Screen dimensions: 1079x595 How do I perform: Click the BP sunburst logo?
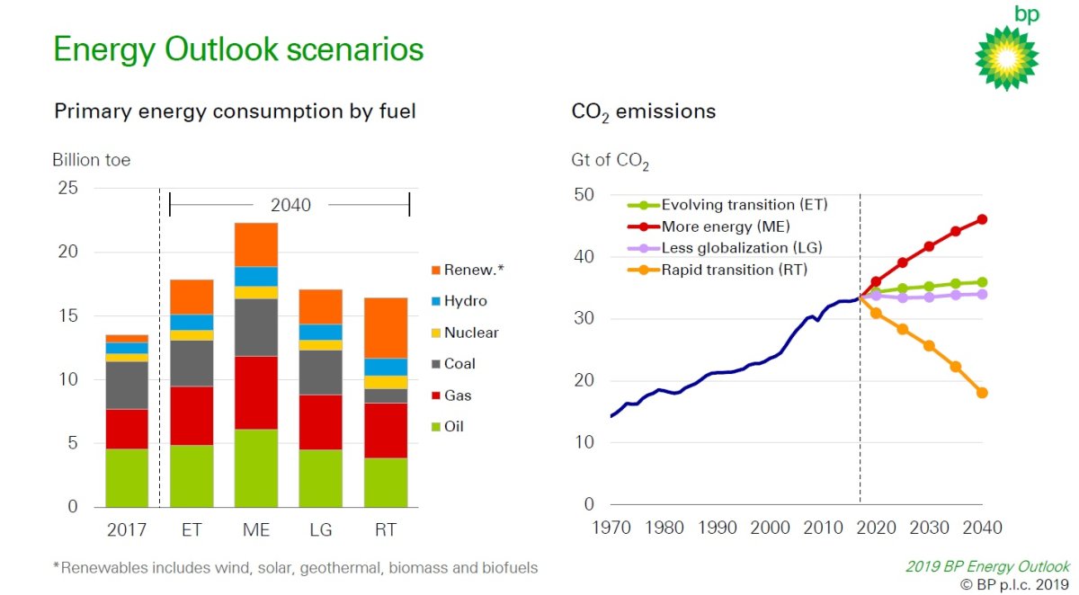click(x=1006, y=58)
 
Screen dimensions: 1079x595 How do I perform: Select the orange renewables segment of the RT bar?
click(x=386, y=328)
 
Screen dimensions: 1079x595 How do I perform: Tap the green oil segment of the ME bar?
click(x=256, y=468)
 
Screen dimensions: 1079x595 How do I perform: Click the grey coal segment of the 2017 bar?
click(x=127, y=385)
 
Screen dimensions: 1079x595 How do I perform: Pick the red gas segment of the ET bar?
click(x=192, y=415)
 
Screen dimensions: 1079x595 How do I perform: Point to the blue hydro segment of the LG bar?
click(x=321, y=333)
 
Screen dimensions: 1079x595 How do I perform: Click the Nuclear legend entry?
click(x=466, y=333)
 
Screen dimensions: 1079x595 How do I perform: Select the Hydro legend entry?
click(x=459, y=301)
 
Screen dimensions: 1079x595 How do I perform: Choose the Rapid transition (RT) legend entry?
click(x=718, y=270)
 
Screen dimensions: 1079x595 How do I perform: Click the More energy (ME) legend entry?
click(x=709, y=226)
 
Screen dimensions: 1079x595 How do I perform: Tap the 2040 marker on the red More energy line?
click(x=982, y=219)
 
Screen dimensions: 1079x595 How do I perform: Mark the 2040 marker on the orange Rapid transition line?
click(x=982, y=393)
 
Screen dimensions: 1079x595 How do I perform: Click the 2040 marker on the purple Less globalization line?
click(x=982, y=294)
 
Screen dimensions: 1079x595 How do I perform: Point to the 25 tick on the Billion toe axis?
click(x=68, y=188)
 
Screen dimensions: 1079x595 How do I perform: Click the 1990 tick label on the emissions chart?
click(x=718, y=528)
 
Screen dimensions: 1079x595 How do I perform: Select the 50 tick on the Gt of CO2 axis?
click(x=584, y=194)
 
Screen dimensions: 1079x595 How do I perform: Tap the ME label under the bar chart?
click(x=256, y=530)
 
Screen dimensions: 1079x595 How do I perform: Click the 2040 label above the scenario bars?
click(x=290, y=205)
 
